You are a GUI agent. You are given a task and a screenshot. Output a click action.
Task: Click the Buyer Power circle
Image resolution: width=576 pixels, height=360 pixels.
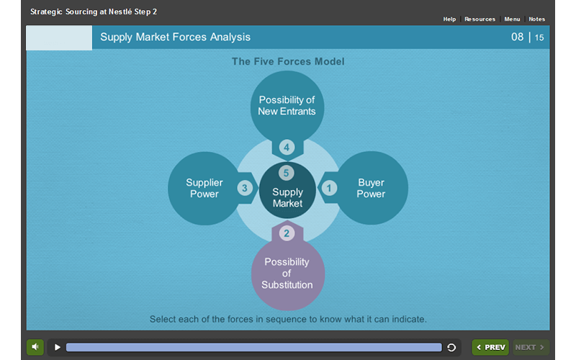(372, 189)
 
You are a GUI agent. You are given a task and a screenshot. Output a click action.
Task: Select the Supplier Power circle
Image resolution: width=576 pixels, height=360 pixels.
(204, 189)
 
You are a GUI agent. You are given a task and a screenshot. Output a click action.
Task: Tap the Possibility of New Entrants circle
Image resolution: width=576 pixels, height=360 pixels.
(287, 106)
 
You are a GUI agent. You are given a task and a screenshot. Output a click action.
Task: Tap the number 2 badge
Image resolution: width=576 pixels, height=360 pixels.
(287, 233)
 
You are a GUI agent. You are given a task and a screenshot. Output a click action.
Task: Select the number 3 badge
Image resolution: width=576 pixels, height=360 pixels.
(245, 189)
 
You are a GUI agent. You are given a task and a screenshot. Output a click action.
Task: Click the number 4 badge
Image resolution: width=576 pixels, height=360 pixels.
(287, 148)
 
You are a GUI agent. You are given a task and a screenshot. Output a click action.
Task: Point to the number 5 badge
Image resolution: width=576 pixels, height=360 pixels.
(287, 173)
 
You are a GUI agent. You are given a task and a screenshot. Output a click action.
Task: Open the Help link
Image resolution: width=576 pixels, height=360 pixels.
(449, 19)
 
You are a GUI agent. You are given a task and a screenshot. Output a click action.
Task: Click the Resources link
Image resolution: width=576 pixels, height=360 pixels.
(480, 19)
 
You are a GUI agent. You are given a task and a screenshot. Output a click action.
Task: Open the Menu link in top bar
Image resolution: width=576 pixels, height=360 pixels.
(512, 19)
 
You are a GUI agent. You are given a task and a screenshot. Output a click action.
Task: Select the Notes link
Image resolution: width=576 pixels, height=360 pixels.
(536, 19)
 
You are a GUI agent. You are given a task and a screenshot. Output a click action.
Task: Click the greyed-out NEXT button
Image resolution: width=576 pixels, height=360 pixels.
(531, 347)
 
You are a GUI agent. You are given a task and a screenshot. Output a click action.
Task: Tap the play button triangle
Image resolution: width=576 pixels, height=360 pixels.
(58, 347)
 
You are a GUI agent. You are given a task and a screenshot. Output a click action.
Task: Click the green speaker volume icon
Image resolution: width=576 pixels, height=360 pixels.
(35, 347)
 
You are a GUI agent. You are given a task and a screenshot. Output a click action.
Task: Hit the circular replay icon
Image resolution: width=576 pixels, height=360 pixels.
(451, 347)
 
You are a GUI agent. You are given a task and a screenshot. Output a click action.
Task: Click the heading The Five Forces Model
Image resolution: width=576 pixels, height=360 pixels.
(288, 62)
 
